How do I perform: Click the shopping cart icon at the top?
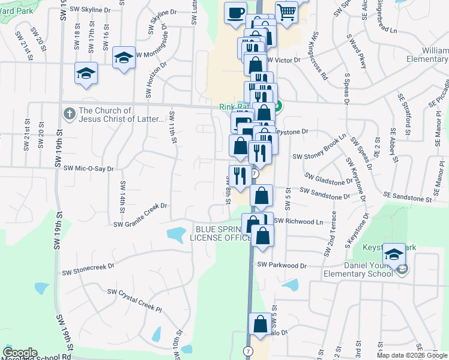[x=287, y=11]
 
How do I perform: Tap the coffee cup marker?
[x=236, y=11]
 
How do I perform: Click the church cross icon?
[x=70, y=113]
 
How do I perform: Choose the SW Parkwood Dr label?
[x=282, y=265]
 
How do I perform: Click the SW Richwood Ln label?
[x=298, y=221]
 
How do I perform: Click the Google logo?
[x=20, y=353]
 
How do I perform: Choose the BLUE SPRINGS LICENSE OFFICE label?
[x=220, y=233]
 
